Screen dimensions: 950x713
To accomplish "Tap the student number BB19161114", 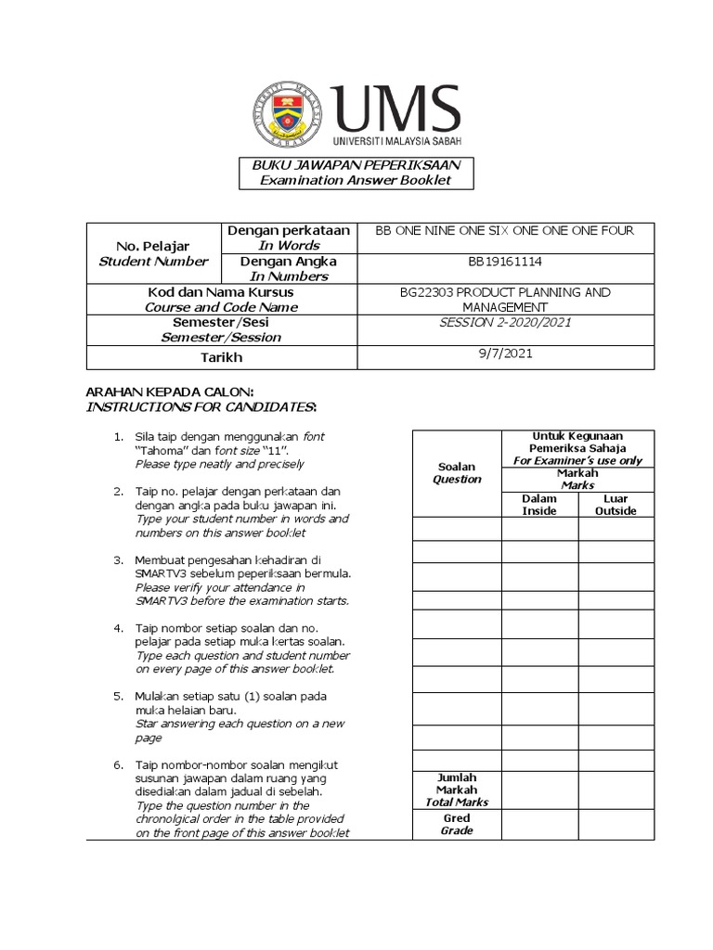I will click(504, 263).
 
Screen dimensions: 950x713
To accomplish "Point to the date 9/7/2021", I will click(504, 353).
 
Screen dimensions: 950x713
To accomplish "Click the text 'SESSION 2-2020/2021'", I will click(504, 323).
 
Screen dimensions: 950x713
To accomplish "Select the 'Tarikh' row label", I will click(157, 358).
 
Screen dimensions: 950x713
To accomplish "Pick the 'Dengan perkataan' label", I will click(288, 230).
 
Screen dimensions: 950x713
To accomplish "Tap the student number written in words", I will click(504, 231).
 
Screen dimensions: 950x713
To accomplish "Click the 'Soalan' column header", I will click(457, 468).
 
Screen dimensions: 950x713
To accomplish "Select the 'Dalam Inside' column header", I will click(539, 505).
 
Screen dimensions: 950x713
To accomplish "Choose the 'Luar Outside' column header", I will click(616, 505).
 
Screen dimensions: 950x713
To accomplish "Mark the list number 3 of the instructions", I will click(118, 560).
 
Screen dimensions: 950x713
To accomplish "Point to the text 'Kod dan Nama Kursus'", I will click(157, 292).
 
